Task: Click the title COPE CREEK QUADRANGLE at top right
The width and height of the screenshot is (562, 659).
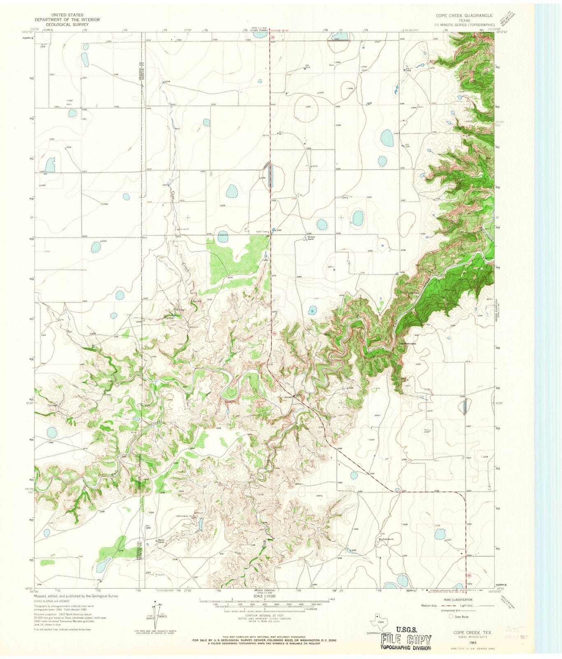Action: point(464,15)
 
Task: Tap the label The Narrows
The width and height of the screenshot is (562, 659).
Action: point(407,343)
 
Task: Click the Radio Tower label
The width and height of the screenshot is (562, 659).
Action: point(262,231)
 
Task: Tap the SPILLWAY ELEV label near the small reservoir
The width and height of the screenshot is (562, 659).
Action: point(185,516)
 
